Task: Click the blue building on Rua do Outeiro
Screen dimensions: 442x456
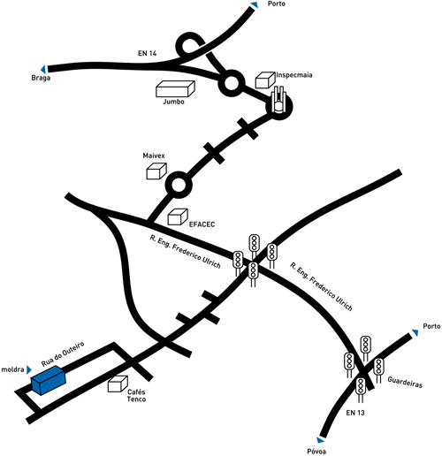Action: coord(49,380)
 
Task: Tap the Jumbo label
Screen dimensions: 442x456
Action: coord(174,102)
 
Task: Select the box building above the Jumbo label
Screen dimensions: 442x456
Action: coord(175,88)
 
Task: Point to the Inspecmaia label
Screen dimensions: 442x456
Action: coord(294,75)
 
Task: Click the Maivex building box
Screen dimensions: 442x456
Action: coord(156,171)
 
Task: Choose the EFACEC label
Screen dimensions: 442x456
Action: coord(202,224)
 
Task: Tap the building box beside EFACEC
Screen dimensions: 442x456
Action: coord(178,217)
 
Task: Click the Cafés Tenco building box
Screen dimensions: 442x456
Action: coord(118,384)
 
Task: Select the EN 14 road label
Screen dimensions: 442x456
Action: coord(147,53)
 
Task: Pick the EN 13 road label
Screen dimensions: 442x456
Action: coord(355,413)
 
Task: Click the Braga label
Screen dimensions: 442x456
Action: coord(41,78)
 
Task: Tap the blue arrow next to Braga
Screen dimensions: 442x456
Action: coord(43,70)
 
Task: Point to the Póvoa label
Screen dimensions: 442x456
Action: coord(316,452)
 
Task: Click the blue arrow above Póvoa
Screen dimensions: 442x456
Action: coord(321,440)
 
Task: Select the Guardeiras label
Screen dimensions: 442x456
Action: coord(405,382)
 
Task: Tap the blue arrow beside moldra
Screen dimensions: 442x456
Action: coord(29,369)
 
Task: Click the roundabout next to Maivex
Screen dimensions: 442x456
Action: coord(179,186)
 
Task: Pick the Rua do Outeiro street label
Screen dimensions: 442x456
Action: coord(63,353)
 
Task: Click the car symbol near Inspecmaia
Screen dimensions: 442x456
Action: coord(278,100)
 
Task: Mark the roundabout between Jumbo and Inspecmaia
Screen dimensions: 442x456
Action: coord(232,83)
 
